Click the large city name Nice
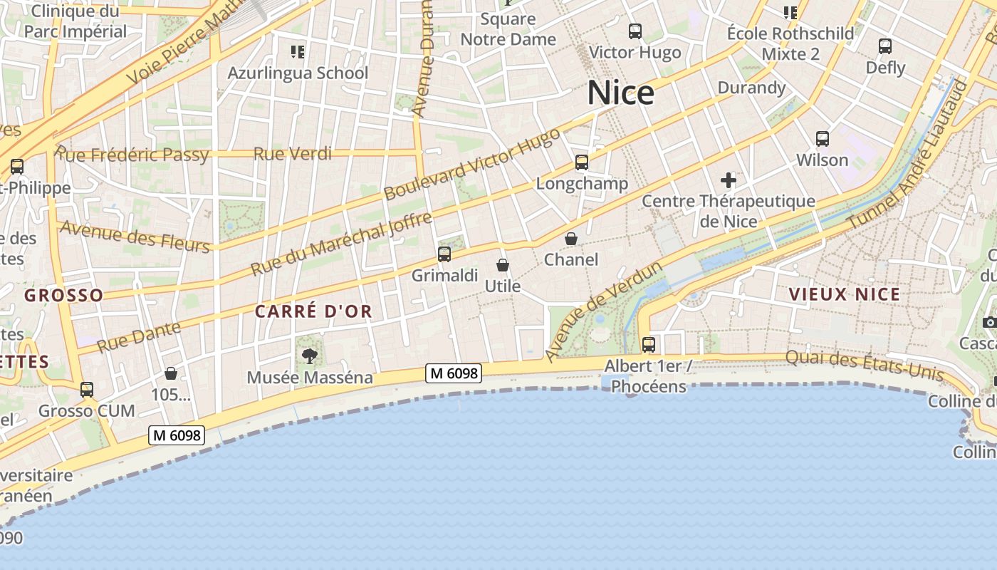[x=620, y=93]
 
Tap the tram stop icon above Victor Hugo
[x=635, y=31]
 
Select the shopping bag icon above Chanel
[x=571, y=239]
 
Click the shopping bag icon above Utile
[x=503, y=265]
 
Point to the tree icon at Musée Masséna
[x=310, y=356]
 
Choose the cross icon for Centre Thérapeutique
[x=728, y=180]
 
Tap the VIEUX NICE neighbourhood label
[x=845, y=294]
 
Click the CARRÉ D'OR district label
[x=314, y=311]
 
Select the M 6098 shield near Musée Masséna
[x=454, y=373]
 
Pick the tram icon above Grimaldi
[x=444, y=254]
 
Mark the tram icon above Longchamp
[x=582, y=162]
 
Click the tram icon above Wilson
[x=823, y=139]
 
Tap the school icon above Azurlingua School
[x=298, y=51]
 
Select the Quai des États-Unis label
[x=865, y=365]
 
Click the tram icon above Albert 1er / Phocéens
[x=649, y=345]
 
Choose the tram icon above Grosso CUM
[x=87, y=390]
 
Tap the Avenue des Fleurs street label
[x=135, y=237]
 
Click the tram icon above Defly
[x=885, y=46]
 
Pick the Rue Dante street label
[x=139, y=336]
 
